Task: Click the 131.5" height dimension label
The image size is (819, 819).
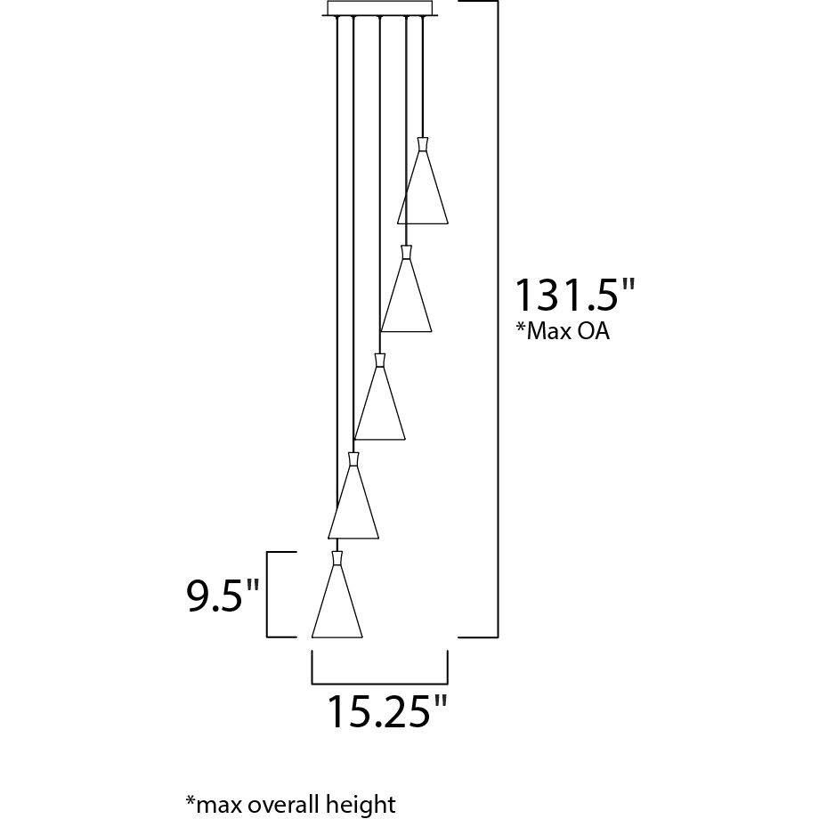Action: (x=575, y=295)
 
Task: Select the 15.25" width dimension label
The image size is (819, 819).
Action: (x=387, y=711)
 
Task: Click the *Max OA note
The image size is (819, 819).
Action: (x=563, y=331)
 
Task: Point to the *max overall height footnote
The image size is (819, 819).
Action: (x=290, y=805)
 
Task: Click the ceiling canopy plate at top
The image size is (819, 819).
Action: (x=380, y=8)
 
